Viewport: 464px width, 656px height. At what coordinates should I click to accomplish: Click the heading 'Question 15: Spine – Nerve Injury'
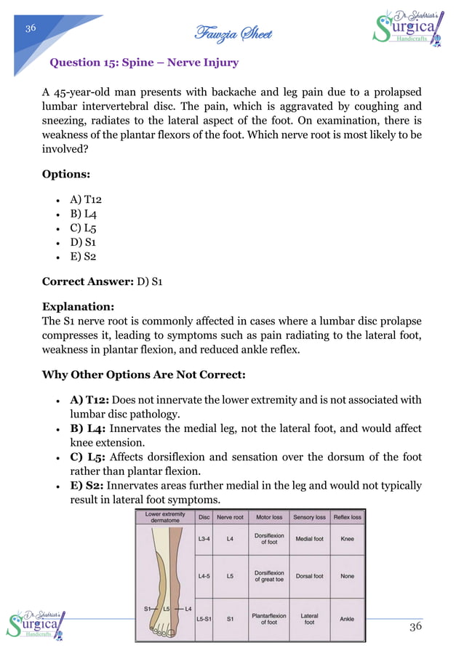[143, 63]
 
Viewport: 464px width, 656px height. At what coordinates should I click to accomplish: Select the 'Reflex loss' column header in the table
[347, 517]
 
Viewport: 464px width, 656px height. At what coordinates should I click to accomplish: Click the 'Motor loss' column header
[269, 517]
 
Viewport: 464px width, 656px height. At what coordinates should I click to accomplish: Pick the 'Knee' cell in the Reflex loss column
[347, 540]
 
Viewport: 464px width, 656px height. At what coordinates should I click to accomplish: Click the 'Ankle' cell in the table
[347, 619]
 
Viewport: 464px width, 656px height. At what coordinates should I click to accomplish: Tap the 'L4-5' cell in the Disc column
[204, 576]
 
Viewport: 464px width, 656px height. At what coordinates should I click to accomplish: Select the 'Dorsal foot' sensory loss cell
[309, 576]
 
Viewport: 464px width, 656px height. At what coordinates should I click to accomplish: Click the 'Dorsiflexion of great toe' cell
[269, 576]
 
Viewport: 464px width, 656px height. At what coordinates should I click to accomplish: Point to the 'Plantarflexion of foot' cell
[269, 619]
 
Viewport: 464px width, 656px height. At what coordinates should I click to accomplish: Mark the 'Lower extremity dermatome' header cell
[165, 517]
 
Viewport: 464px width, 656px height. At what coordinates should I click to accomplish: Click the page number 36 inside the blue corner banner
[31, 28]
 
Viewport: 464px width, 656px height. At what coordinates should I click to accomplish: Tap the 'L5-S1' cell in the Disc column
[204, 619]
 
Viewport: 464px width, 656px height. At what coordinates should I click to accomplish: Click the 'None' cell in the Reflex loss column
[347, 576]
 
